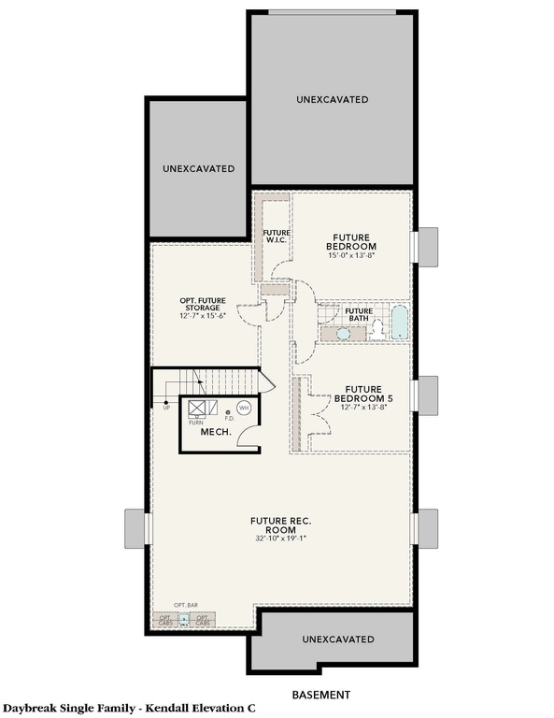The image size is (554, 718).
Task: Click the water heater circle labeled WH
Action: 244,408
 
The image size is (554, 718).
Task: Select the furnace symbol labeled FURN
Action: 197,409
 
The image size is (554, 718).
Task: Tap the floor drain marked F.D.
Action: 228,412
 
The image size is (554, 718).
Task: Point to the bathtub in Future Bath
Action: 399,323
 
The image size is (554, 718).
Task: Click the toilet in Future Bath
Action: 376,327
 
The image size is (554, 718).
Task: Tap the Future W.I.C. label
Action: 275,236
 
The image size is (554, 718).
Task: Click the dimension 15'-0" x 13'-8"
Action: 351,255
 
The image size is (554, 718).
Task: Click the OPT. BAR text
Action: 185,606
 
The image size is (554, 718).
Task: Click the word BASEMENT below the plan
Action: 320,695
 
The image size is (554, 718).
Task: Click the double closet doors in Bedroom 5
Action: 318,416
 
